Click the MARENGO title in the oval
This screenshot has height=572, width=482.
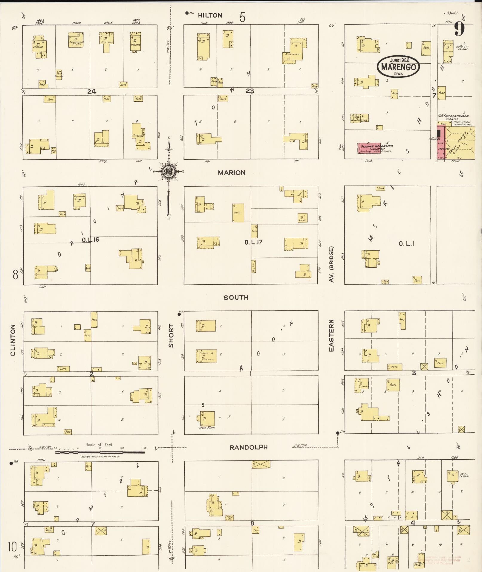coord(398,67)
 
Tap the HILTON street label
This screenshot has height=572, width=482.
coord(210,16)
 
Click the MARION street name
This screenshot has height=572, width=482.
coord(232,173)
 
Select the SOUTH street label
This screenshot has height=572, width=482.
coord(236,297)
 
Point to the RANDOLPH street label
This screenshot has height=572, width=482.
coord(249,447)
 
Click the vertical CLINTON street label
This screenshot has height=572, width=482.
coord(13,340)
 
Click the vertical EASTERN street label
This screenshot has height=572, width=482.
coord(331,335)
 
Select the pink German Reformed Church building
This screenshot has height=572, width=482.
coord(370,148)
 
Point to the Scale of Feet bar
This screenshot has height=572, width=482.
coord(100,452)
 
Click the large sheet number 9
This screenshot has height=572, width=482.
coord(459,29)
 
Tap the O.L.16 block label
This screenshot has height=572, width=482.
coord(90,240)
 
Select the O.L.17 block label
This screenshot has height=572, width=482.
coord(253,242)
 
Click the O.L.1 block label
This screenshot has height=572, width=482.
coord(406,244)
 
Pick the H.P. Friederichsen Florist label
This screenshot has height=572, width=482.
coord(453,117)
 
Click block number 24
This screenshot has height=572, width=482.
coord(92,91)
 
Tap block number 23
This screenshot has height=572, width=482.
coord(250,91)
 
